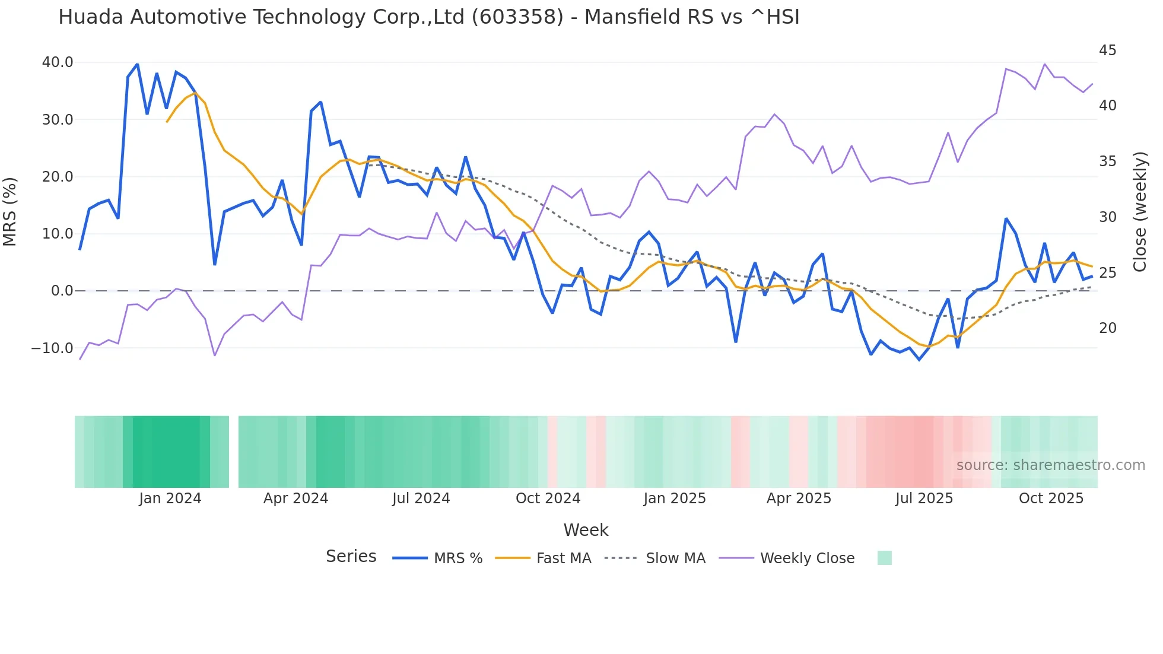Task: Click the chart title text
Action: coord(428,17)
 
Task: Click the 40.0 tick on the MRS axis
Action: coord(58,62)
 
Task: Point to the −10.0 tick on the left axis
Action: coord(52,348)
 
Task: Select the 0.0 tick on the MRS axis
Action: coord(62,291)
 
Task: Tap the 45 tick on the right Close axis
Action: coord(1107,50)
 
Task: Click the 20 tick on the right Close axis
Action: coord(1107,328)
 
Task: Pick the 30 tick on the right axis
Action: coord(1107,217)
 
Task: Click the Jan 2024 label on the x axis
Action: coord(170,499)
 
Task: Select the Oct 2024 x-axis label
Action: coord(548,499)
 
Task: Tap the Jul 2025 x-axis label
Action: coord(924,499)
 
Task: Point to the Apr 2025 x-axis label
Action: coord(799,499)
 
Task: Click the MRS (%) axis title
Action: coord(10,211)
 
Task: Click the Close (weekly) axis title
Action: coord(1139,211)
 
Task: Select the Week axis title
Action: coord(586,530)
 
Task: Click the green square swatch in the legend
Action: coord(884,558)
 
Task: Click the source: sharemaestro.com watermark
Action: coord(1050,465)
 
